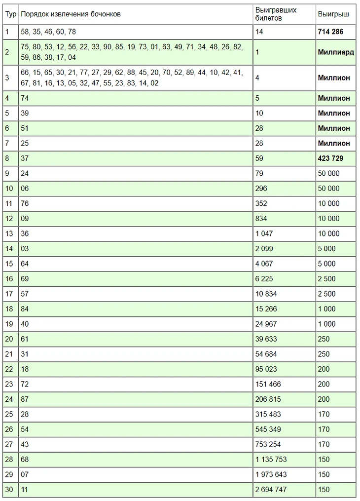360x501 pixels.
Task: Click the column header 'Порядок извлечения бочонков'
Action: point(71,14)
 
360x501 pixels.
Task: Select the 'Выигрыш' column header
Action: point(333,14)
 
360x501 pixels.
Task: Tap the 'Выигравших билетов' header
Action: point(276,14)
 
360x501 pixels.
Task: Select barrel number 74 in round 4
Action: point(25,98)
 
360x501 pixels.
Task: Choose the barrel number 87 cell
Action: point(25,399)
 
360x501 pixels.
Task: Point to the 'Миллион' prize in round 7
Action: point(334,143)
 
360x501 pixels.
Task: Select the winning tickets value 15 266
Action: point(266,309)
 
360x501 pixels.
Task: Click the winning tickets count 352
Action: point(261,203)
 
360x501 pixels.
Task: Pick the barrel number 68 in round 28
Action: point(25,460)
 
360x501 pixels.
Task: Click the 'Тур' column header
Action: point(11,14)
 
